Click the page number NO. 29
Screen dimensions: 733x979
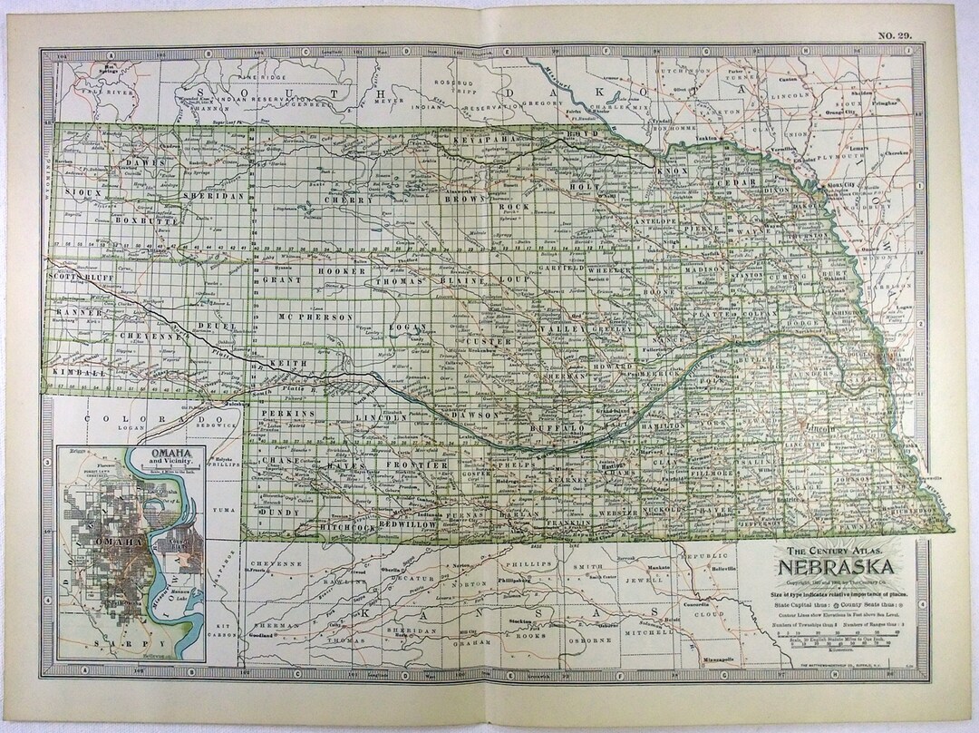tap(895, 35)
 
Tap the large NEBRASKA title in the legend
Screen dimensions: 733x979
tap(834, 569)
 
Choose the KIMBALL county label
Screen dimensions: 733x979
tap(73, 373)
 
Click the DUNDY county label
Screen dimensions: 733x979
tap(278, 512)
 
